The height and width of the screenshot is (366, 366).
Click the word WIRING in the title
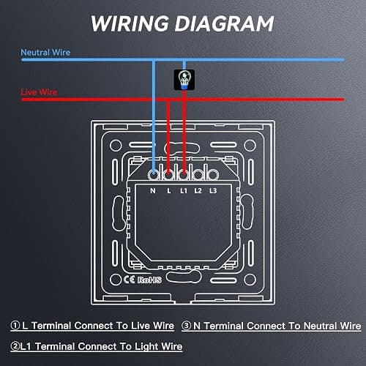click(130, 23)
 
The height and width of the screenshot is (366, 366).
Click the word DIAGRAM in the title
click(224, 23)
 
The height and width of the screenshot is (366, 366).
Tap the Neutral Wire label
click(45, 52)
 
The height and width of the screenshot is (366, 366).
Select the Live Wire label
click(39, 92)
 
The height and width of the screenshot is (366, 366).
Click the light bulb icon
click(184, 80)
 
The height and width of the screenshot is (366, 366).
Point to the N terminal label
click(153, 190)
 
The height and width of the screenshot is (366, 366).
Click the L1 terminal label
click(184, 190)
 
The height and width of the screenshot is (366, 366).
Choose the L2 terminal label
click(198, 190)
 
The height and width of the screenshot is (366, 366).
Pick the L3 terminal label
click(213, 190)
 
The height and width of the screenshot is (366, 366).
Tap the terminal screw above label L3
click(213, 175)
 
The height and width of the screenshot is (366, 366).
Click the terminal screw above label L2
click(198, 175)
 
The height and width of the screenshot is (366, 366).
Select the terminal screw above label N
click(154, 175)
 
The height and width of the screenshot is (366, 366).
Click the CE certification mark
click(129, 280)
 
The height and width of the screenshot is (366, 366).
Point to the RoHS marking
click(149, 280)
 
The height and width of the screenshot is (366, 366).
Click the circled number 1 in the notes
click(15, 325)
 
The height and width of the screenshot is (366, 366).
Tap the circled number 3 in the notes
click(187, 326)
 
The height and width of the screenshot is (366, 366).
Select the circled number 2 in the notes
click(15, 346)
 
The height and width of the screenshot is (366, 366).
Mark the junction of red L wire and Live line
click(168, 100)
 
